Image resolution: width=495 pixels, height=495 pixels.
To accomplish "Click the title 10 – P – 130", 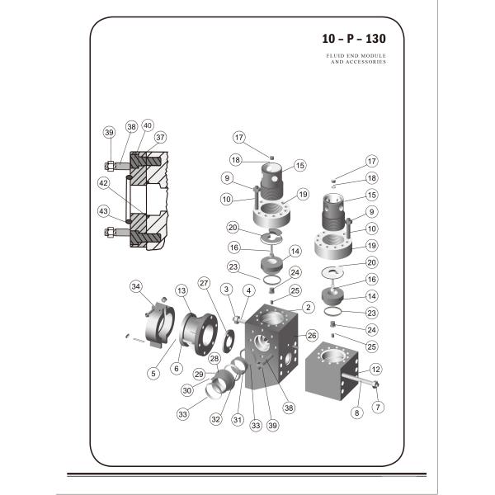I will pos(353,38).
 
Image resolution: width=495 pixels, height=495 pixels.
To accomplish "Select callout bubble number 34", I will pos(136,286).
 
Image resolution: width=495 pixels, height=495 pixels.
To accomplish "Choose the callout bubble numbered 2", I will pos(308,307).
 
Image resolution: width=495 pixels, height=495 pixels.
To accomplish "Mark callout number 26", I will pos(312,336).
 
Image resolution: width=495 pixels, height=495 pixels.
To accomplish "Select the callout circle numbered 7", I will pos(379,408).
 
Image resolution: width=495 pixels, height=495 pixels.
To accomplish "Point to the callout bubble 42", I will pos(104,182).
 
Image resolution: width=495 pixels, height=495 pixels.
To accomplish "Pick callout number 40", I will pos(148,125).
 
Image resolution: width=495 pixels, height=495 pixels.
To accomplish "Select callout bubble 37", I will pos(160,137).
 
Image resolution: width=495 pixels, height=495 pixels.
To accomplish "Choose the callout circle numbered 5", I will pos(153,373).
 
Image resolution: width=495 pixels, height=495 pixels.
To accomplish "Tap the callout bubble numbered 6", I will pos(176,369).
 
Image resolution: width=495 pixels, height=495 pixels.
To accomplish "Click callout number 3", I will pos(225,288).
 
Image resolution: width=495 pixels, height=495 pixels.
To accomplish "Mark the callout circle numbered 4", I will pos(248,290).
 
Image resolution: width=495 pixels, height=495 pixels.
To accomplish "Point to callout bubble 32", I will pos(215,418).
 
